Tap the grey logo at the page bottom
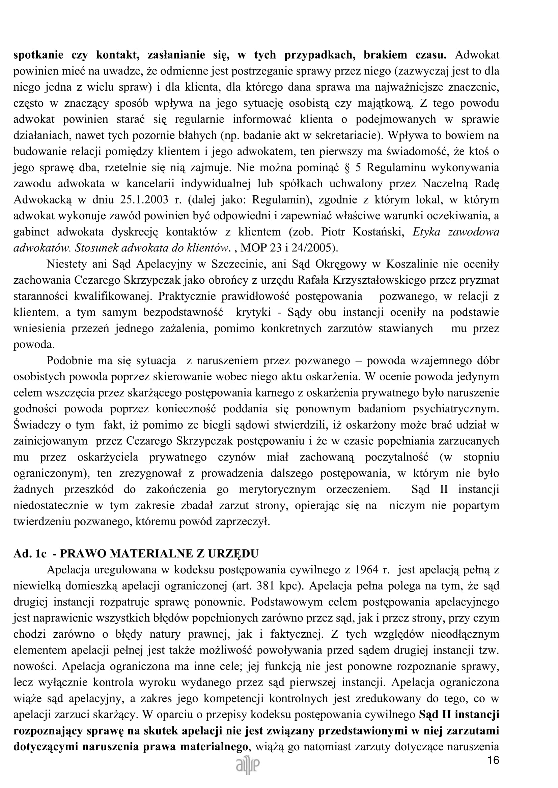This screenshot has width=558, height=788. (x=248, y=766)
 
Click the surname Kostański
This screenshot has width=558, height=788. (x=380, y=232)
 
